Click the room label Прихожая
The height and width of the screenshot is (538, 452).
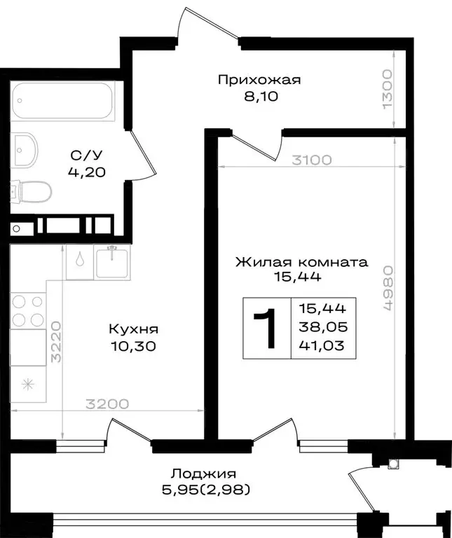pyautogui.click(x=259, y=79)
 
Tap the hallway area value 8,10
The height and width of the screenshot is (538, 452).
pyautogui.click(x=259, y=97)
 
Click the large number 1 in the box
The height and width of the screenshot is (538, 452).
pyautogui.click(x=266, y=329)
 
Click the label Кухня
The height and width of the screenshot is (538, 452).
pyautogui.click(x=132, y=329)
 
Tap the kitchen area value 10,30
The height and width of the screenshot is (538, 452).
pyautogui.click(x=132, y=345)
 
